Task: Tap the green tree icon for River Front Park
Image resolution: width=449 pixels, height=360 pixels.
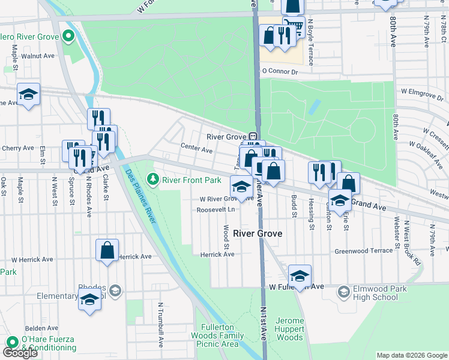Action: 153,179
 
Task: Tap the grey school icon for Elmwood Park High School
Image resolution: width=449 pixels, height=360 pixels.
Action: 344,292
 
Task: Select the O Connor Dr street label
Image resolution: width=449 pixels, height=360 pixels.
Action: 280,71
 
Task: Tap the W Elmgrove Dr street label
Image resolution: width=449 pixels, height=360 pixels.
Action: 421,92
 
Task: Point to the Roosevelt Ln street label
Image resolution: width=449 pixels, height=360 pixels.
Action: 215,210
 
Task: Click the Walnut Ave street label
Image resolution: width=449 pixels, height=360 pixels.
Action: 38,55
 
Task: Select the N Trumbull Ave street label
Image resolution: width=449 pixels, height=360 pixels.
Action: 161,324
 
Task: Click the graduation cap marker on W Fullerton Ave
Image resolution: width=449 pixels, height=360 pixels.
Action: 300,276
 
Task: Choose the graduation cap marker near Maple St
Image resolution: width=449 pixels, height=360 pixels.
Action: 28,95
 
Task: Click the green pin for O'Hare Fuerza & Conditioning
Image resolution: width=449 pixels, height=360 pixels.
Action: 11,342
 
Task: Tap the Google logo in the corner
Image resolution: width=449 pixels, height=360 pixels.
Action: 20,353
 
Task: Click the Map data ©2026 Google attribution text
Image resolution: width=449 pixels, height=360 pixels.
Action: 411,355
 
